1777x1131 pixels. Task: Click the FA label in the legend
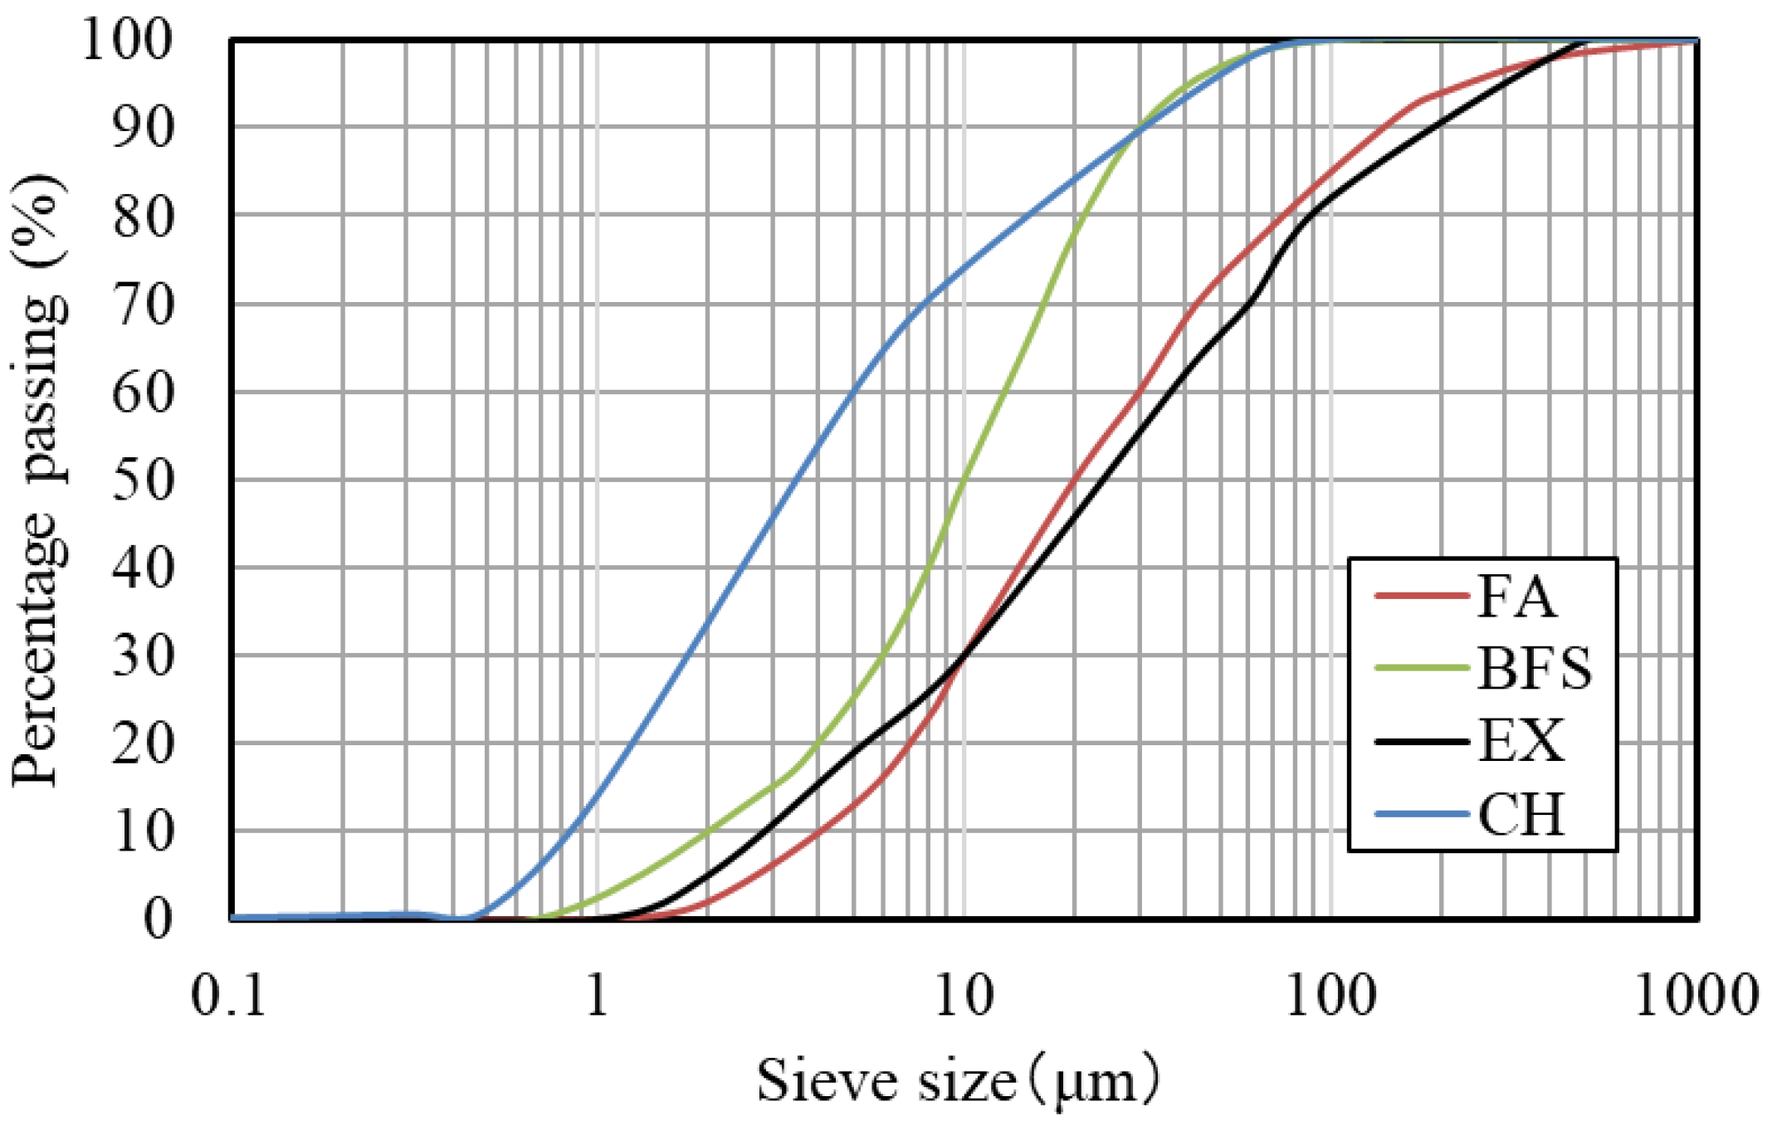coord(1516,596)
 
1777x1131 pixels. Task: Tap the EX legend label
coord(1521,740)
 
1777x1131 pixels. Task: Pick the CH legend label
coord(1521,813)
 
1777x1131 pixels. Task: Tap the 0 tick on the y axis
coord(158,919)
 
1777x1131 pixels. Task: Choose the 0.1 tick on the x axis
coord(229,995)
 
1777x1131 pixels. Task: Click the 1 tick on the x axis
coord(597,995)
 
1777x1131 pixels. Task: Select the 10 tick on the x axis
coord(964,995)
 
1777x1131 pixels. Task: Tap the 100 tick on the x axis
coord(1330,995)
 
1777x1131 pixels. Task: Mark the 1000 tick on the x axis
coord(1696,995)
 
